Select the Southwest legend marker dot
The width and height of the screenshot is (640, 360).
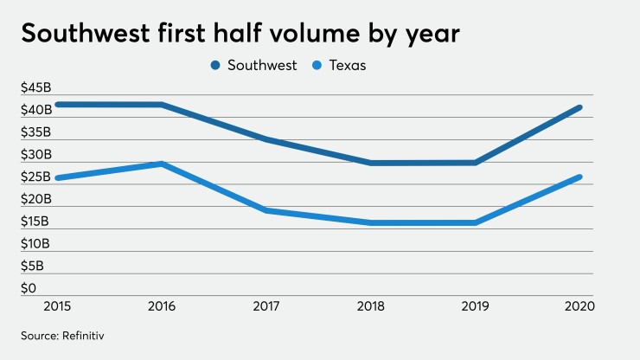click(214, 66)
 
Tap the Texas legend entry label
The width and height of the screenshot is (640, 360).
click(347, 66)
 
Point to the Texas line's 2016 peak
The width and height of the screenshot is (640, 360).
click(163, 164)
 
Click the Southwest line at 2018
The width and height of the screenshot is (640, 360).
click(371, 163)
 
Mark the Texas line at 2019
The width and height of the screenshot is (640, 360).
click(475, 222)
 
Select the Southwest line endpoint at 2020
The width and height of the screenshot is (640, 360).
click(579, 107)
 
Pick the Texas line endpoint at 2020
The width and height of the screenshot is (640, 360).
click(579, 177)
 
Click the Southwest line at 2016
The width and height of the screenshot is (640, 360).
click(163, 105)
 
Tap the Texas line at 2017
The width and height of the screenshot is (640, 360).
click(266, 210)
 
